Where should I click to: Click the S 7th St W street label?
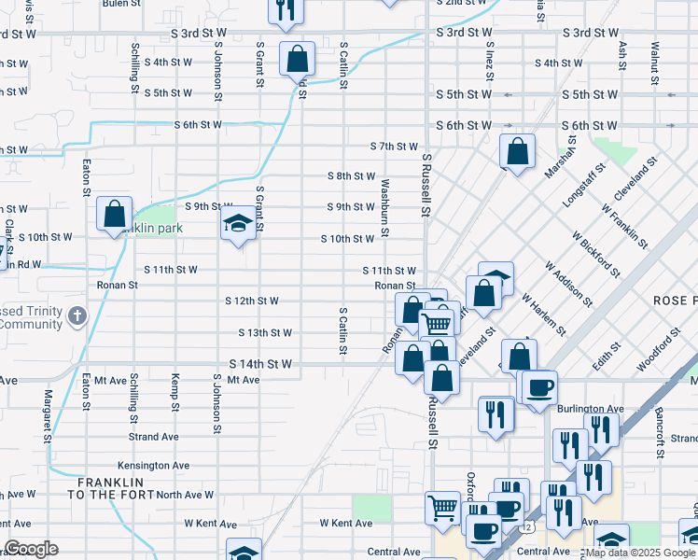coord(394,147)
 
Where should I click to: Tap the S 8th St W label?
coord(351,176)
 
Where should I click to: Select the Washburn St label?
coord(384,208)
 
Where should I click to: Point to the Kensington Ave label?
coord(153,466)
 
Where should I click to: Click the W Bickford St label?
coord(595,255)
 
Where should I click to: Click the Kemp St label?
coord(175,393)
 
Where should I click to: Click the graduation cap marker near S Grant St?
coord(238,224)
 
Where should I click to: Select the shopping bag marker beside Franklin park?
coord(114,214)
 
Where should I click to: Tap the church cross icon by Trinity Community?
coord(77,315)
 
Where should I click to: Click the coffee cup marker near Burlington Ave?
coord(537,387)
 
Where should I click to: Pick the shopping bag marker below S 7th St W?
coord(517,151)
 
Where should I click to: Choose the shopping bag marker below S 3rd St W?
coord(297,60)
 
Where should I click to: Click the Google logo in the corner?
coord(31,549)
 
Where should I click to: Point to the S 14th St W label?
coord(260,364)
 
